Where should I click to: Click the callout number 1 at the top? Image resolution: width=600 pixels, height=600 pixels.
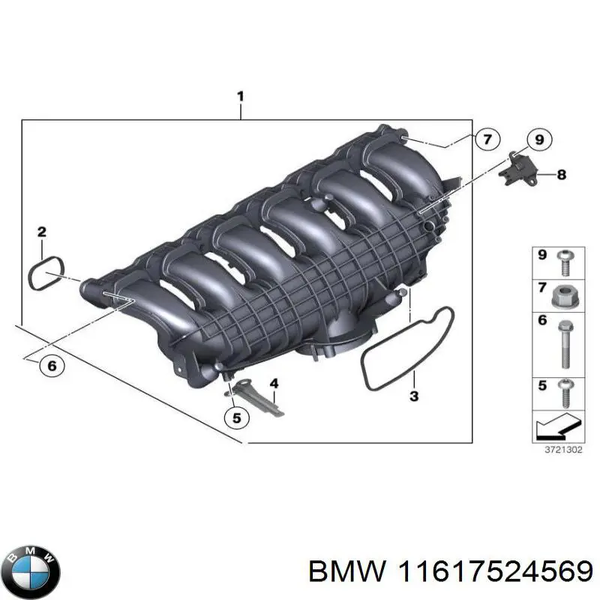click(x=240, y=96)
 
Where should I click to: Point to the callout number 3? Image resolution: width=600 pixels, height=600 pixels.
click(x=413, y=396)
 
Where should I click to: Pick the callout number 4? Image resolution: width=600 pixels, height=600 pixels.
click(x=274, y=383)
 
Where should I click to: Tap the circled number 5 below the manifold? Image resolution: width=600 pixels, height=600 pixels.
click(x=236, y=418)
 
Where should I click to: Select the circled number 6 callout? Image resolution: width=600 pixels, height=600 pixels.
click(x=51, y=366)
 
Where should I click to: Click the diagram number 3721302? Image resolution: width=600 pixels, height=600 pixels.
click(x=562, y=450)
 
